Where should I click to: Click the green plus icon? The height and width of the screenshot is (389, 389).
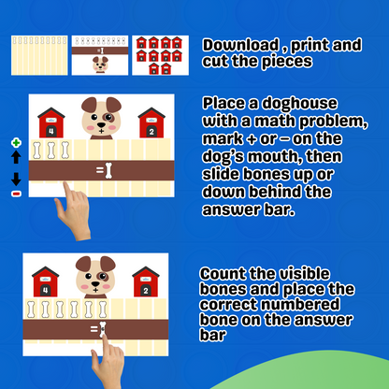coord(16,143)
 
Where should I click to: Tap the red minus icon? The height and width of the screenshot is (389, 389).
coord(16,194)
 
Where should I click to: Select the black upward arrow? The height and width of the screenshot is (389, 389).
coord(16,157)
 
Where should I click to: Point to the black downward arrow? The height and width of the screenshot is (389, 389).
coord(16,180)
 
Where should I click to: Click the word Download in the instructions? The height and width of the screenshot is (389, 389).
coord(240,45)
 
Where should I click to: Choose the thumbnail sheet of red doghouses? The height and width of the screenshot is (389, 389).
coord(160,55)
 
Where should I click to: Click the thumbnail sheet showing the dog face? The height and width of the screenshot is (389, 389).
coord(100,55)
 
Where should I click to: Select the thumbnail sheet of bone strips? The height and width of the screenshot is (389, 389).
coord(39,55)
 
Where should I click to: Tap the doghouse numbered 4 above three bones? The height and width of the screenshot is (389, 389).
coord(51,122)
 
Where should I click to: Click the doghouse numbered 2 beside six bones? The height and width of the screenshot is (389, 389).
coord(146,281)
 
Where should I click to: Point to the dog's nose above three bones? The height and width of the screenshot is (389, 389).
coord(101,125)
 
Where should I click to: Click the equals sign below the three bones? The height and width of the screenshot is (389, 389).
coord(100,170)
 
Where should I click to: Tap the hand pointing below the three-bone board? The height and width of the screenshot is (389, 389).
coord(73,212)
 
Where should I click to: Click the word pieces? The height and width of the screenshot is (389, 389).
coord(287,62)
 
